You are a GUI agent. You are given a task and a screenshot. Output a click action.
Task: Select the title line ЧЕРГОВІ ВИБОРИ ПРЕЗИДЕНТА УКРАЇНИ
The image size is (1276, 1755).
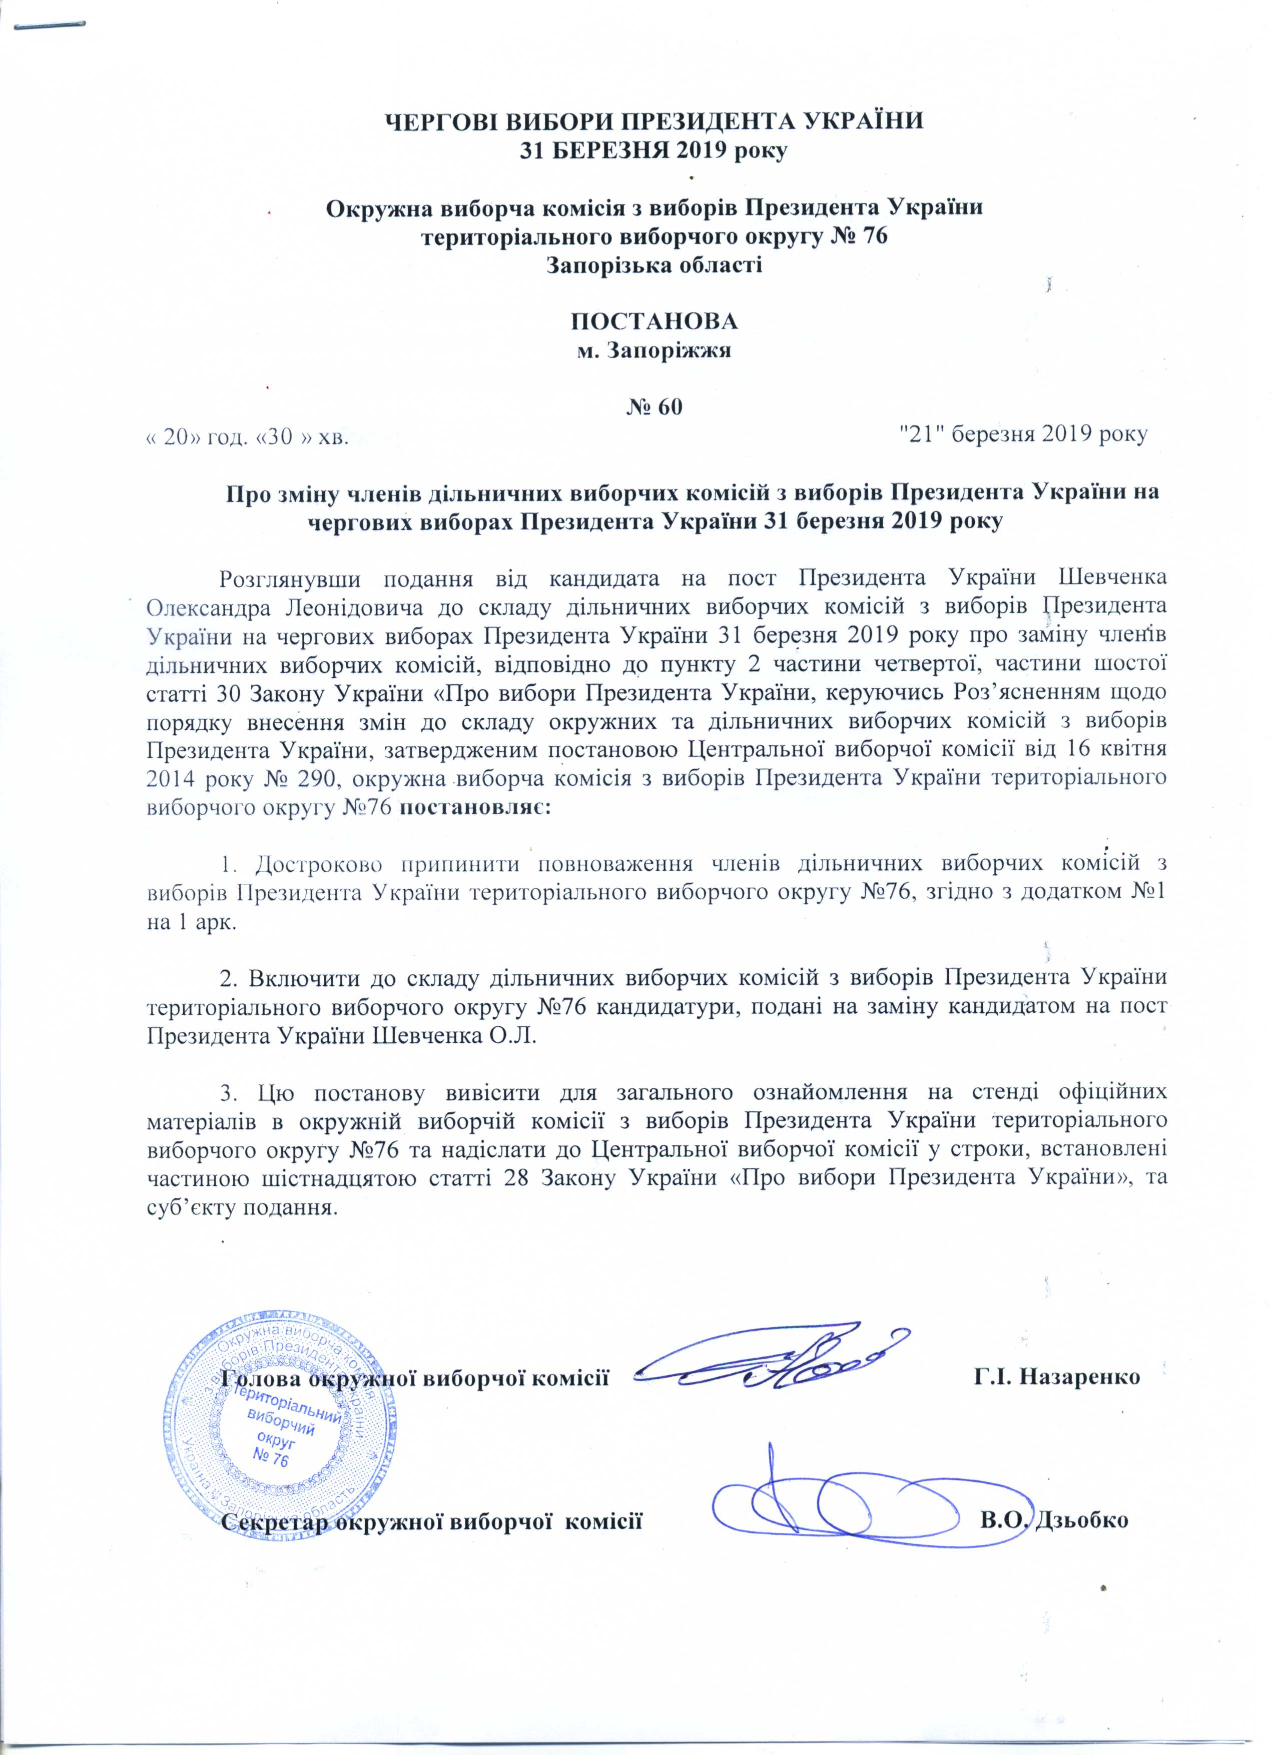[x=654, y=122]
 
